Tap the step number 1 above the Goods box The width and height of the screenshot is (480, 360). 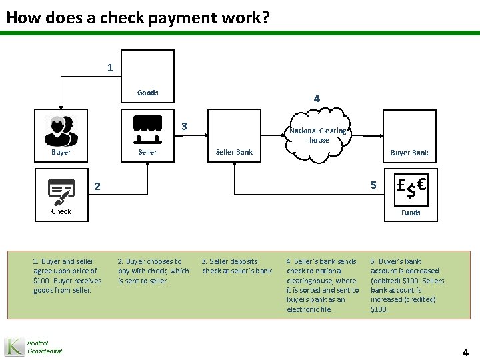110,67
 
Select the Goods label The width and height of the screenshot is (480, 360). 147,93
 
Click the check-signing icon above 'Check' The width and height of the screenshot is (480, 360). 61,191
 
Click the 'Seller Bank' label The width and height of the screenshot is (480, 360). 234,152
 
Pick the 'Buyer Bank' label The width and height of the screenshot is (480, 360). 409,153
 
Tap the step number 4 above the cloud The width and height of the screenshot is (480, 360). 317,99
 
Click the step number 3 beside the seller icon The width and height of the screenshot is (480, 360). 184,127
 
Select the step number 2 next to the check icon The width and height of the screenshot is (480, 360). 97,187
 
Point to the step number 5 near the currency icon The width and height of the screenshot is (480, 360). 373,185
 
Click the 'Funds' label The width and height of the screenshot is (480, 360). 410,213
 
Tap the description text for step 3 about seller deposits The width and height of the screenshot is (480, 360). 237,266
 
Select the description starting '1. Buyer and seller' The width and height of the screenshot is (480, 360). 67,275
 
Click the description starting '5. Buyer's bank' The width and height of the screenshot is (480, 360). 407,285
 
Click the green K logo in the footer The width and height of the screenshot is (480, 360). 15,347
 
